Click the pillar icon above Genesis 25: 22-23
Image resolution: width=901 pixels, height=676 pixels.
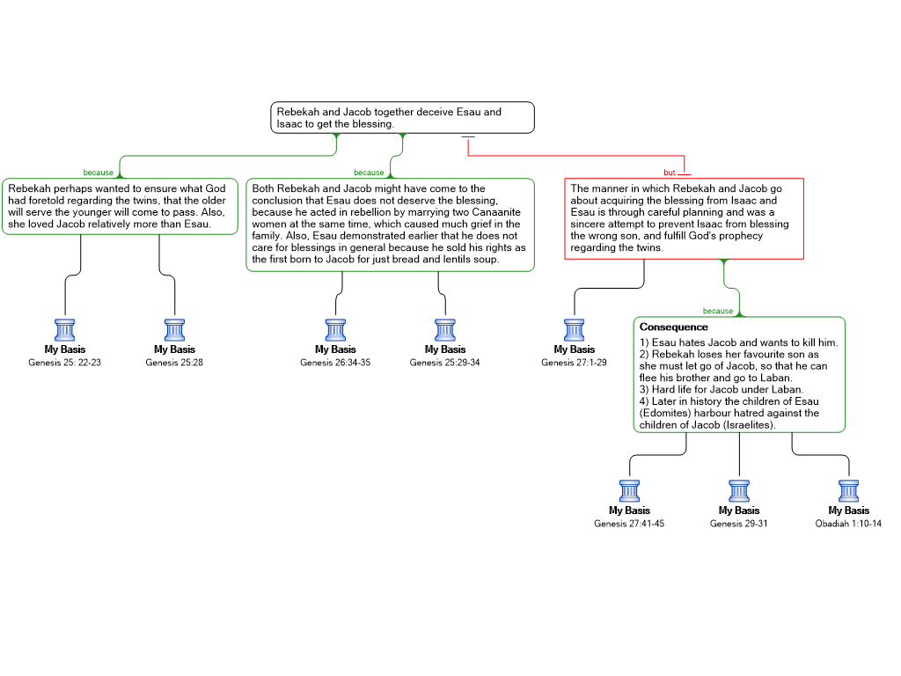click(65, 330)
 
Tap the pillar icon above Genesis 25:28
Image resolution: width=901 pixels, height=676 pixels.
click(175, 330)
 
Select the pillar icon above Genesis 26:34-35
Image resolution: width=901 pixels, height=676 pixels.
click(335, 330)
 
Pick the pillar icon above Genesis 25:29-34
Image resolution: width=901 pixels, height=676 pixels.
click(445, 330)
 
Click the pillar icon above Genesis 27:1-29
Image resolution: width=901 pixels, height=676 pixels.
click(574, 330)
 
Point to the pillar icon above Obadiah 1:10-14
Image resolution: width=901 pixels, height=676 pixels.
click(849, 491)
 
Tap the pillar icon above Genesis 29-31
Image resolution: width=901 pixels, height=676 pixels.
click(739, 491)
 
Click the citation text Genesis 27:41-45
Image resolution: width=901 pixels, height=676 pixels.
click(629, 524)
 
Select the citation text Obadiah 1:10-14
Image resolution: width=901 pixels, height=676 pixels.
click(848, 524)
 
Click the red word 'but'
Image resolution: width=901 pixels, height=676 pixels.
click(670, 173)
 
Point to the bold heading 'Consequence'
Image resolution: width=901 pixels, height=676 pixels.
click(673, 327)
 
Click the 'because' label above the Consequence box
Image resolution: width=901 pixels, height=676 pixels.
click(718, 311)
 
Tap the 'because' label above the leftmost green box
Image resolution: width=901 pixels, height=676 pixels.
click(99, 173)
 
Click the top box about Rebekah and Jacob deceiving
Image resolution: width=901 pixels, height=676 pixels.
click(402, 118)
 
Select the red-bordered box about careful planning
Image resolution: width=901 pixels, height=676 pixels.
click(684, 218)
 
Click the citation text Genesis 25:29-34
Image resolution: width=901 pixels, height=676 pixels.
click(444, 363)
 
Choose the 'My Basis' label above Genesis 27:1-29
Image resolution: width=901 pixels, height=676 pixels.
click(574, 349)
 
